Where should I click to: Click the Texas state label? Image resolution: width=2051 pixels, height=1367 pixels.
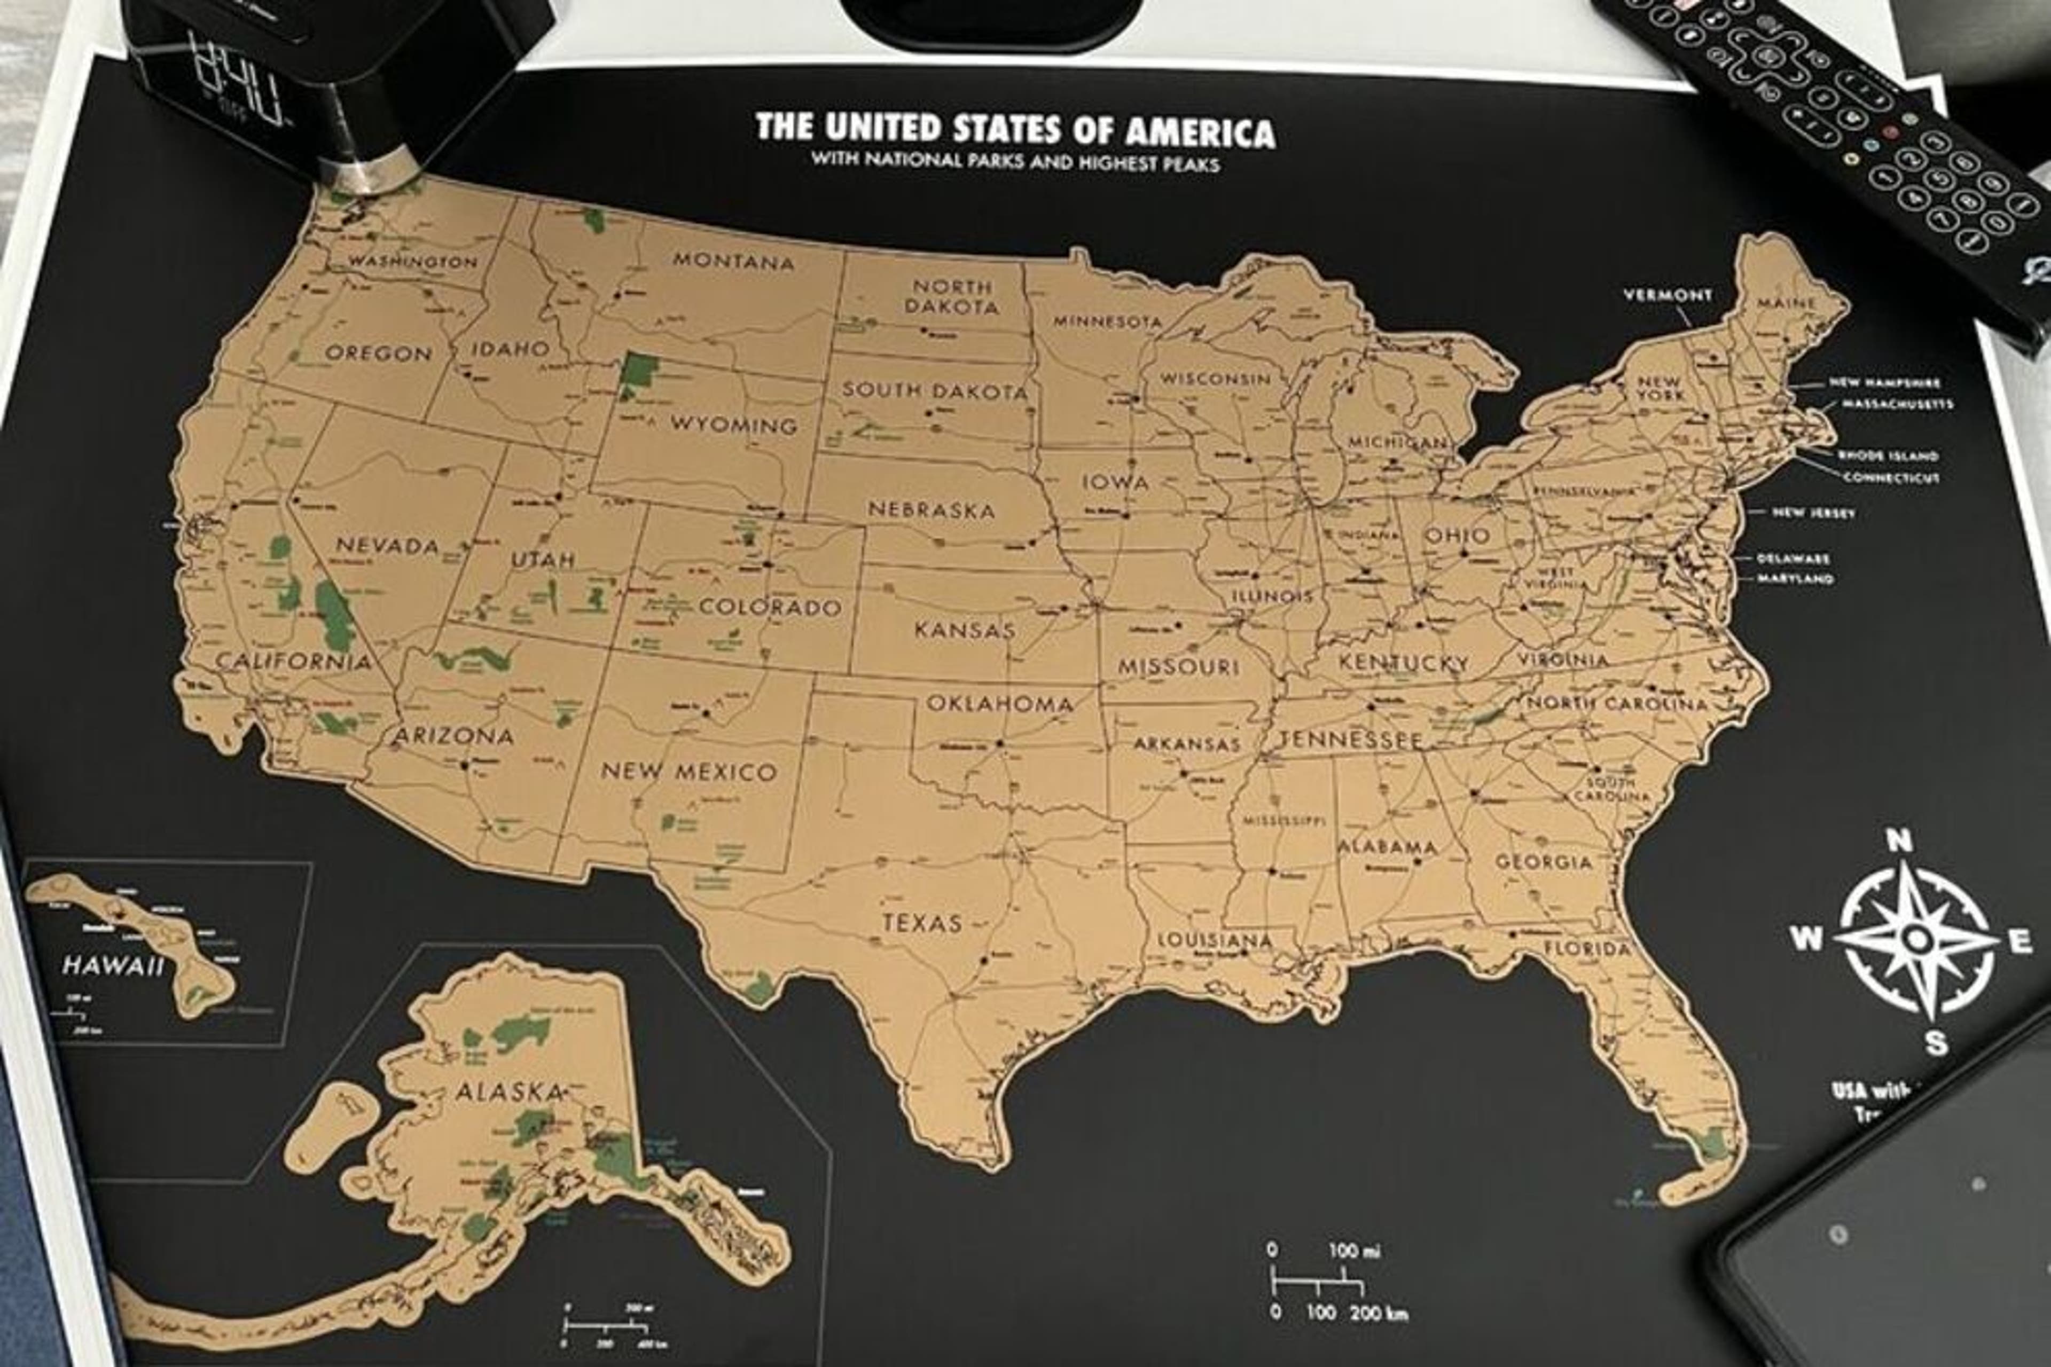coord(922,922)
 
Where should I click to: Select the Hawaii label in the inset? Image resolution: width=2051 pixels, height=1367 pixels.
coord(113,965)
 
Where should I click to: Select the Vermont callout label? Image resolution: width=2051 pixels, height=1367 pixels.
coord(1668,295)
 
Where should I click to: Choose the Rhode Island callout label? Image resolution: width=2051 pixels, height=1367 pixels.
coord(1888,455)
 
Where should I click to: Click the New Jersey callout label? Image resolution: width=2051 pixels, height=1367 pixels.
coord(1814,513)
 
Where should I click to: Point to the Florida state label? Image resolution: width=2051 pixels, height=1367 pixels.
coord(1587,948)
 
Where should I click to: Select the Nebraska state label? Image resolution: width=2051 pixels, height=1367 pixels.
coord(931,510)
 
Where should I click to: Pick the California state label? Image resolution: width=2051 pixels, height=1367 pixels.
coord(293,661)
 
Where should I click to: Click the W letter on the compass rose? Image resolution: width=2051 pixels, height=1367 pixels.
coord(1805,939)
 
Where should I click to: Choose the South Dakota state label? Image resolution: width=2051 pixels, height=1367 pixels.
coord(935,391)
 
